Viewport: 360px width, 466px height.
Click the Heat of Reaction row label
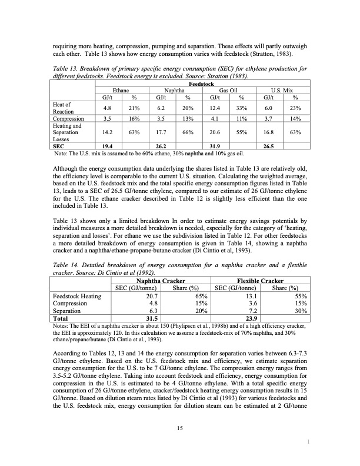(x=62, y=108)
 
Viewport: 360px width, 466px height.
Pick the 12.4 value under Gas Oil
(x=214, y=108)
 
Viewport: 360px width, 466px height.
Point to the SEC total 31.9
(x=214, y=146)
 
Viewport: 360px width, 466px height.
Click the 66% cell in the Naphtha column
(x=187, y=132)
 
